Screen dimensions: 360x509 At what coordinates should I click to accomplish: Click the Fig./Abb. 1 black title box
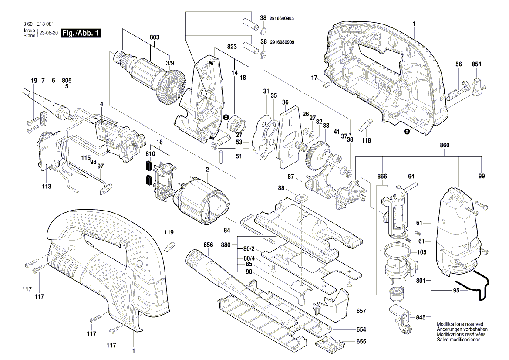pyautogui.click(x=81, y=34)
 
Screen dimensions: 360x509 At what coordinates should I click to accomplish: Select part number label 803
pyautogui.click(x=154, y=38)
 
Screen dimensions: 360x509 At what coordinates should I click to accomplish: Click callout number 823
pyautogui.click(x=232, y=47)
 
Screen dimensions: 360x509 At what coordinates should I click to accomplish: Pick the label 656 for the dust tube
pyautogui.click(x=208, y=245)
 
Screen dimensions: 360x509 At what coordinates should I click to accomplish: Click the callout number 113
pyautogui.click(x=47, y=187)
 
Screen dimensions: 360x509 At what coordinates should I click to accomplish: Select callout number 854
pyautogui.click(x=476, y=65)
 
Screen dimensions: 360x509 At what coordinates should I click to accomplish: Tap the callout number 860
pyautogui.click(x=445, y=145)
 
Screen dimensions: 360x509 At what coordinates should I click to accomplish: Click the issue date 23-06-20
pyautogui.click(x=48, y=34)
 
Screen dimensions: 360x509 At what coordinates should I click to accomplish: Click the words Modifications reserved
pyautogui.click(x=460, y=325)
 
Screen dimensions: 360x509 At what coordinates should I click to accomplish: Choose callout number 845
pyautogui.click(x=420, y=317)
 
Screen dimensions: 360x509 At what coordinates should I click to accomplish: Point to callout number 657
pyautogui.click(x=361, y=311)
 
